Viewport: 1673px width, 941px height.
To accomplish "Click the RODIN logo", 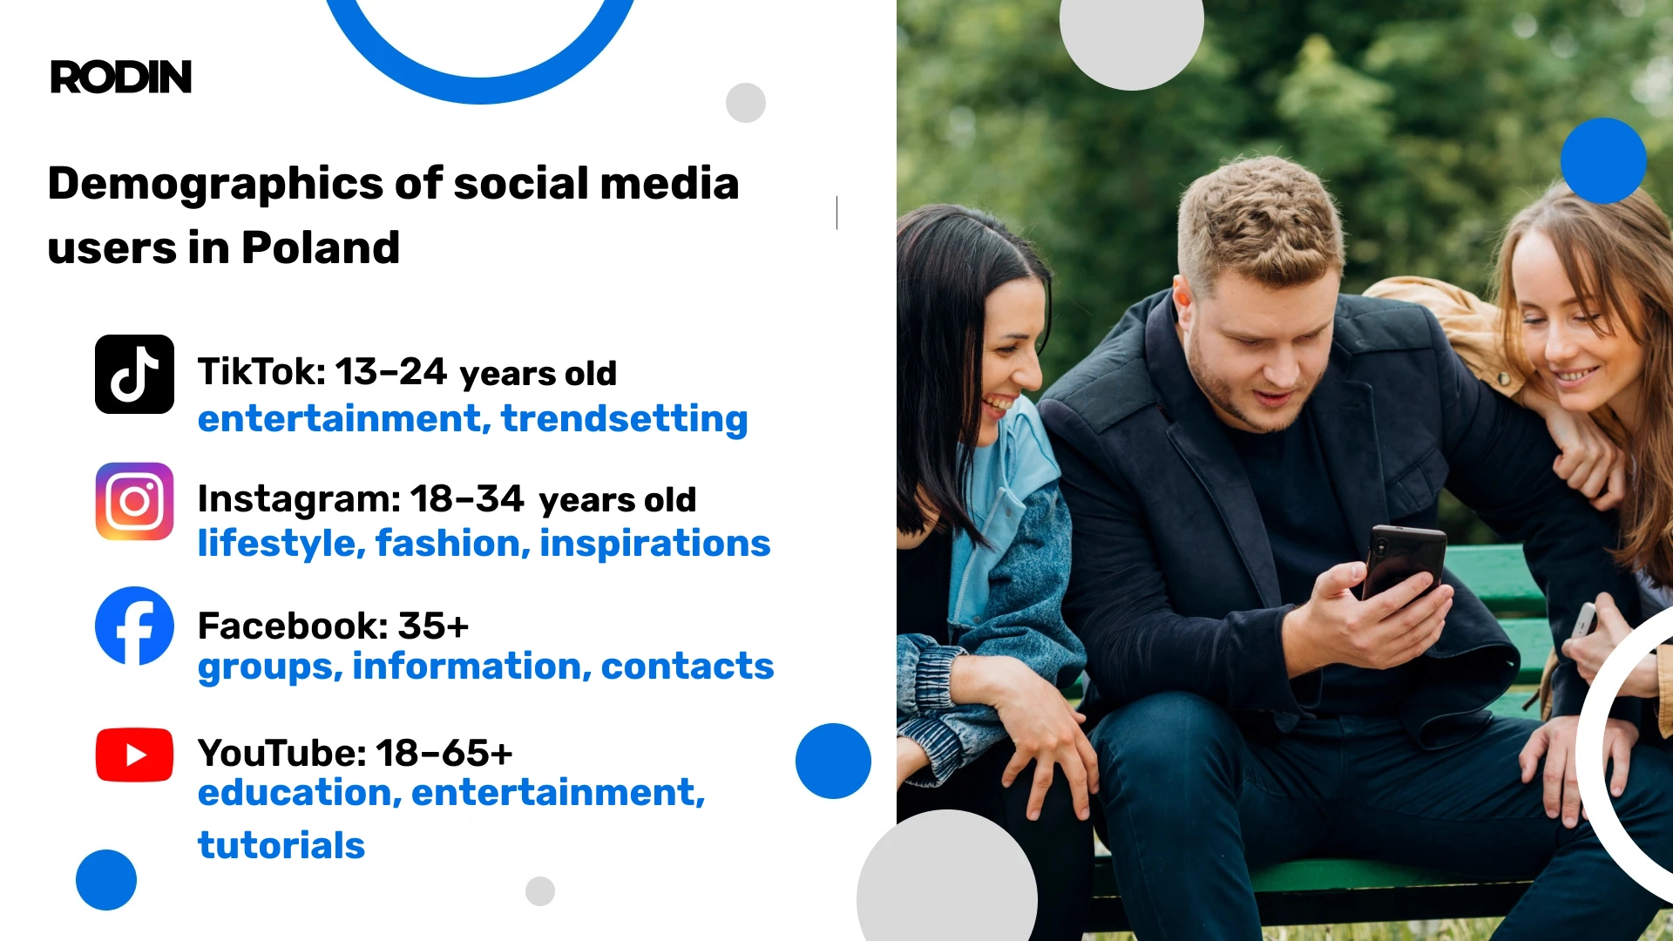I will pyautogui.click(x=121, y=78).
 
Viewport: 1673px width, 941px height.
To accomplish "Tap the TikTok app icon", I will pyautogui.click(x=134, y=374).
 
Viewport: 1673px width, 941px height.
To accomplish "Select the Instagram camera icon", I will pyautogui.click(x=134, y=501).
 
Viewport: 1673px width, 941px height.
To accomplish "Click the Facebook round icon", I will pyautogui.click(x=134, y=626).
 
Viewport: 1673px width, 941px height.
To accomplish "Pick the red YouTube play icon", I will pyautogui.click(x=134, y=755).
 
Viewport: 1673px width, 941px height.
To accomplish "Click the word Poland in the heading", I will pyautogui.click(x=320, y=247).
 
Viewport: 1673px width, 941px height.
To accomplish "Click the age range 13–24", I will pyautogui.click(x=390, y=372).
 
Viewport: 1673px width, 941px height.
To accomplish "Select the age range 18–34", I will pyautogui.click(x=466, y=499).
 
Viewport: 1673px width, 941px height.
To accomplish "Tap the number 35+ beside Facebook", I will pyautogui.click(x=433, y=626).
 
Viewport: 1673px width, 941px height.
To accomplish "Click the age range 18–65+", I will pyautogui.click(x=444, y=754).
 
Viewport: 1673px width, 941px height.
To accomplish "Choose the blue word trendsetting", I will pyautogui.click(x=624, y=419).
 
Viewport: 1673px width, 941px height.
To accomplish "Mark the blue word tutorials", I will pyautogui.click(x=281, y=845).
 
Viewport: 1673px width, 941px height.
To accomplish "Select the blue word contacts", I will pyautogui.click(x=687, y=667).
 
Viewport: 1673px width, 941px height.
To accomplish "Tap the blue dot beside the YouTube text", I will pyautogui.click(x=833, y=761).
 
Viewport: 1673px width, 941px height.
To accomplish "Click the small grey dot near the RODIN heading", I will pyautogui.click(x=745, y=103).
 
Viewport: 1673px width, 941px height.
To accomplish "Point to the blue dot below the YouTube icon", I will pyautogui.click(x=106, y=880).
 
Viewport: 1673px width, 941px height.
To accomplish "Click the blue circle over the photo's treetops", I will pyautogui.click(x=1602, y=161).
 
